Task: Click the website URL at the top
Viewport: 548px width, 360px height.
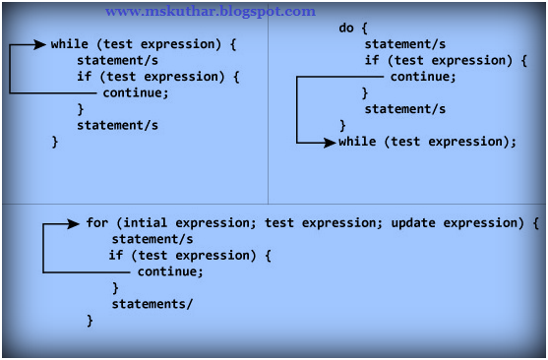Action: click(211, 12)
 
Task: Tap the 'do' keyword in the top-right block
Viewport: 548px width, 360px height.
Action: click(346, 28)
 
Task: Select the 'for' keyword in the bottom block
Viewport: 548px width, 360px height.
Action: click(97, 223)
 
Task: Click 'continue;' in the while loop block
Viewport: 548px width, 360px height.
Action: click(136, 93)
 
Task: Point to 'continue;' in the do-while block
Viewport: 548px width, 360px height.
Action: click(423, 77)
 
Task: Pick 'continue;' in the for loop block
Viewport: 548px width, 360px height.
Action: click(170, 271)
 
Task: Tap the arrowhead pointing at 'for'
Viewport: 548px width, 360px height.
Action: click(75, 223)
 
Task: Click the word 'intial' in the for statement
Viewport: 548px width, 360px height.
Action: click(145, 223)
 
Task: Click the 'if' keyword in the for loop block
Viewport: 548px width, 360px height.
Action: click(116, 256)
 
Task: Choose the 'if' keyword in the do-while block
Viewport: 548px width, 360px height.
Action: click(372, 60)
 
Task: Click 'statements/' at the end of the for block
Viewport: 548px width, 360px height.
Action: click(152, 304)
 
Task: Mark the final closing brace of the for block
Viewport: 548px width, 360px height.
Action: click(90, 321)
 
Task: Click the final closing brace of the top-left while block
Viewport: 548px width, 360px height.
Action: click(55, 142)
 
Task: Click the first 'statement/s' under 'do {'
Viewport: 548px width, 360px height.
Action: click(404, 44)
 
